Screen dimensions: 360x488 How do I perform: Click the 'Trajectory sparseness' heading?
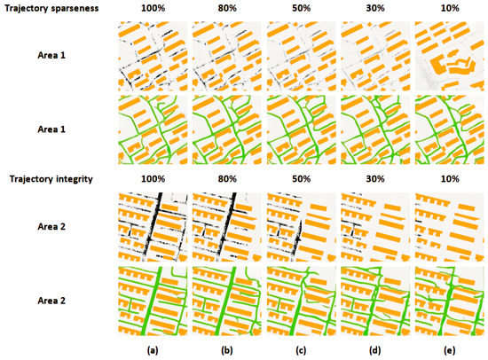point(50,8)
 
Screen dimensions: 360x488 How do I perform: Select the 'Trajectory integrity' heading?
point(46,180)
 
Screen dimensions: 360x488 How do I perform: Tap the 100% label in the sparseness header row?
point(153,8)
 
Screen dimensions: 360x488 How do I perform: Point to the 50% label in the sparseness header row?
point(301,8)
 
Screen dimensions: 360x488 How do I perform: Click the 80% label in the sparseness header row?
point(227,8)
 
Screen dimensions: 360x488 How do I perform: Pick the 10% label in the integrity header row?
point(449,180)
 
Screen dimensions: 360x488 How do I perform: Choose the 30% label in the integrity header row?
point(375,180)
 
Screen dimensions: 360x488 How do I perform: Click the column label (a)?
point(153,349)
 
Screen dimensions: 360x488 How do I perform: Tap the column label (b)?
point(227,349)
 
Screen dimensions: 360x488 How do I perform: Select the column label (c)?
point(301,349)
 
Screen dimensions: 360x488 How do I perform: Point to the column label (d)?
point(375,349)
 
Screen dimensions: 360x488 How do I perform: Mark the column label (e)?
point(449,349)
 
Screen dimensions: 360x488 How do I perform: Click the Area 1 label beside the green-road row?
point(50,129)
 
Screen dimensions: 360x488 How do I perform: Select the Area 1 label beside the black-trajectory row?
point(50,56)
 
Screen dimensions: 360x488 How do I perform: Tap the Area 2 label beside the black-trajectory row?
point(50,227)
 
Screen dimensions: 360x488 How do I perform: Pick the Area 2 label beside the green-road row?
point(50,301)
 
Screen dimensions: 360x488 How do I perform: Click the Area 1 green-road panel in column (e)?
point(449,129)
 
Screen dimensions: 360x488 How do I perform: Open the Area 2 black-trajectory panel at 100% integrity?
point(153,227)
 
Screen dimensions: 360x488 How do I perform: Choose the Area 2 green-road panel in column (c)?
point(301,301)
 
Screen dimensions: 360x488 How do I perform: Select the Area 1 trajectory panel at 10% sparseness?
point(449,56)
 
